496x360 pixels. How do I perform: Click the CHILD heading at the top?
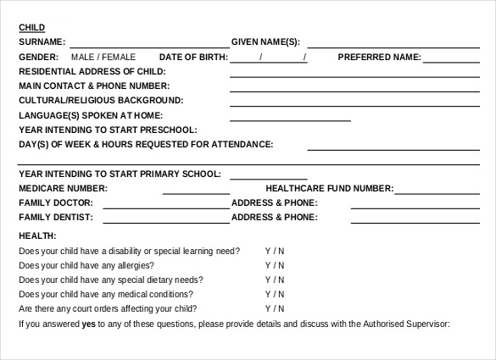32,27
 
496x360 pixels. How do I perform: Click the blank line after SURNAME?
148,43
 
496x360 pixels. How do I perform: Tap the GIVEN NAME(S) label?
265,42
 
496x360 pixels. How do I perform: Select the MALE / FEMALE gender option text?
103,57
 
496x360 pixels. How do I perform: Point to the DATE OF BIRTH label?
193,57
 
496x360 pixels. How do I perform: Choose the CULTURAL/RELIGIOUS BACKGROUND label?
91,100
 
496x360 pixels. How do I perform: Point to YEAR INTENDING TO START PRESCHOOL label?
108,130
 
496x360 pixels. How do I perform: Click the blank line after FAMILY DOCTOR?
165,206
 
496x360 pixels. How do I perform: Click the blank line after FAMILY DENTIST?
165,220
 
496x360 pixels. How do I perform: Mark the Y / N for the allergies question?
275,265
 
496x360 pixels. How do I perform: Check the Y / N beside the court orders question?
275,308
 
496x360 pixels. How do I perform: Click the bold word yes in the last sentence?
88,324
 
